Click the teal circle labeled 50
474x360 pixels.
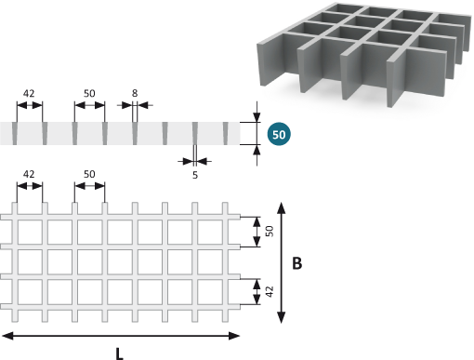tap(279, 134)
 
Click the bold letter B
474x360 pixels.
tap(296, 263)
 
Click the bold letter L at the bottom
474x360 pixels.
tap(120, 353)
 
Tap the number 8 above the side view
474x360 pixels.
tap(135, 93)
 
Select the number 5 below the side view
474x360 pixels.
tap(195, 175)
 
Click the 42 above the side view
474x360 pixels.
tap(29, 93)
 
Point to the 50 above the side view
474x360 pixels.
tap(89, 93)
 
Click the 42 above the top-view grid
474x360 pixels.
tap(29, 174)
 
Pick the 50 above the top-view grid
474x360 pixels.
tap(89, 174)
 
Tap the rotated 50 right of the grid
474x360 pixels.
tap(270, 232)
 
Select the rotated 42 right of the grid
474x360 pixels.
tap(270, 292)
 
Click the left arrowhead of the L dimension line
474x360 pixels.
tap(7, 336)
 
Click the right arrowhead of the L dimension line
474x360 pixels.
tap(234, 336)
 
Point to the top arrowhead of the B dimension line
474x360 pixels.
tap(281, 207)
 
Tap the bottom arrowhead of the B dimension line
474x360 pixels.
tap(281, 317)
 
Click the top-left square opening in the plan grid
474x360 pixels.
tap(30, 232)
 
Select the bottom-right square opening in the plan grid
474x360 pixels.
tap(210, 292)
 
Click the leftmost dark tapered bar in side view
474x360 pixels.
tap(15, 133)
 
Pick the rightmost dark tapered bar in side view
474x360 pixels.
tap(225, 133)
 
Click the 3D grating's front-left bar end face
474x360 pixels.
tap(260, 64)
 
